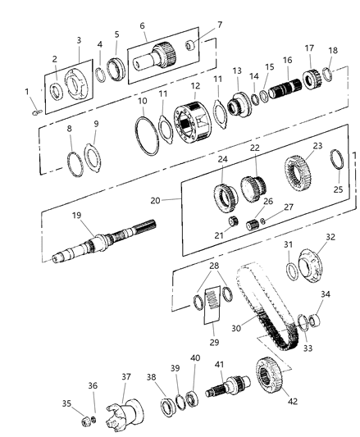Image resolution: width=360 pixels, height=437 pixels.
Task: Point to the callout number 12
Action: pos(194,86)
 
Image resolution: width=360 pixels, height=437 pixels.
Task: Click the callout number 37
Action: pos(125,376)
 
